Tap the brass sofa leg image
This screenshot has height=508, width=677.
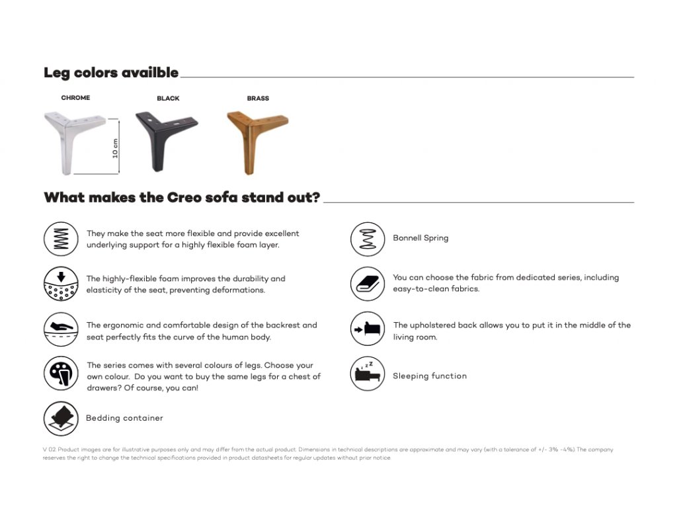pos(257,140)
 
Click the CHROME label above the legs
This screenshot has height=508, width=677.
pos(75,98)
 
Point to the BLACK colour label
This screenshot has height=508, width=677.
pos(168,99)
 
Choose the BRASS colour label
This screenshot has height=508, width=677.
pos(258,99)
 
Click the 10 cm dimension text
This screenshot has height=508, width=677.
pos(115,148)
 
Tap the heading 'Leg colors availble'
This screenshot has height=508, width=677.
pos(111,73)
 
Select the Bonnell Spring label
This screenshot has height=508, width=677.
pos(420,238)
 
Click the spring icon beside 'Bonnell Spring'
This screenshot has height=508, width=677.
pos(368,239)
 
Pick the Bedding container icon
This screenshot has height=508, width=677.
pos(61,419)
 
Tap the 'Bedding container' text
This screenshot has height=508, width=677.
pos(124,418)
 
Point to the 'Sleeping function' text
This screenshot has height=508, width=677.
pos(430,376)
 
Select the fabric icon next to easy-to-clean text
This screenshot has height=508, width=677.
pos(367,284)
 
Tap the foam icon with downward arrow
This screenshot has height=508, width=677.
pos(61,284)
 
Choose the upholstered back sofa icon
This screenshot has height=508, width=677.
pos(367,329)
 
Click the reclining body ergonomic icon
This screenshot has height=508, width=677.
pos(61,329)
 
